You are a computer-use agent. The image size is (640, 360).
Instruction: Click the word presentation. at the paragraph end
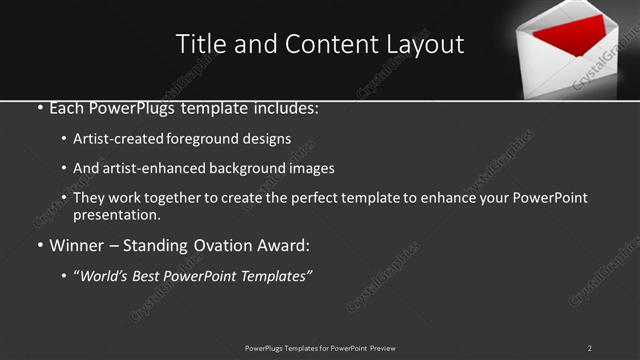click(x=117, y=215)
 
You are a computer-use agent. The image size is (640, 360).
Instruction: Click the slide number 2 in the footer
click(x=589, y=348)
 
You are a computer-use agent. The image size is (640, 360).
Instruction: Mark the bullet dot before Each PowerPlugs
click(x=39, y=107)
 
